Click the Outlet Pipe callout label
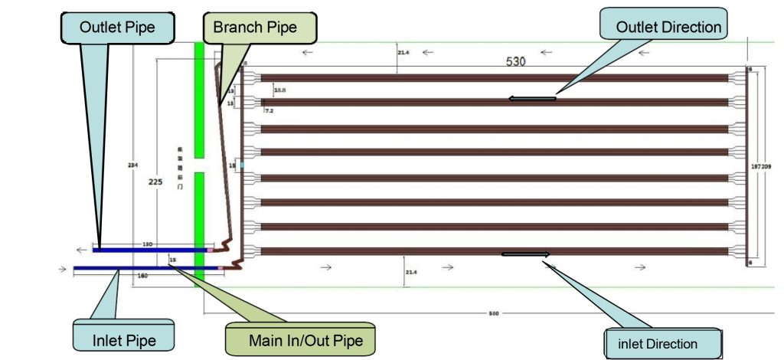coord(116,28)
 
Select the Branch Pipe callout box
coord(260,28)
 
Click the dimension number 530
coord(515,62)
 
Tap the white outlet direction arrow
coord(532,98)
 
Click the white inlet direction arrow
coord(525,254)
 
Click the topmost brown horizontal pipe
coord(494,78)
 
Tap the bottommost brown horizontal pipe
coord(494,250)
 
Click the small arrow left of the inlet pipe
coord(60,269)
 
